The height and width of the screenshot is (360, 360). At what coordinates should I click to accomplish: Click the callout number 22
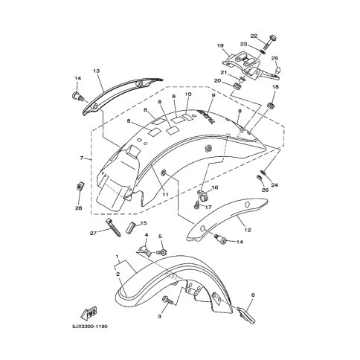[x=254, y=36]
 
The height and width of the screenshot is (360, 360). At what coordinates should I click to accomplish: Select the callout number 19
[x=220, y=45]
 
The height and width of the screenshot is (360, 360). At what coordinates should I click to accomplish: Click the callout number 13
[x=97, y=71]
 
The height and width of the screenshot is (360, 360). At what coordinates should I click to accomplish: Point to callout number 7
[x=82, y=158]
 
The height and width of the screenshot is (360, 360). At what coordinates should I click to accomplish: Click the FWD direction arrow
[x=89, y=312]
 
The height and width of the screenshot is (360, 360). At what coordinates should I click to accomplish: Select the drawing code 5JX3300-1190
[x=90, y=327]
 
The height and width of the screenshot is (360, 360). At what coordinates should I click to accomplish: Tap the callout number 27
[x=93, y=234]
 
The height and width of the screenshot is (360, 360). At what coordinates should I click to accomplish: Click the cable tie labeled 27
[x=113, y=227]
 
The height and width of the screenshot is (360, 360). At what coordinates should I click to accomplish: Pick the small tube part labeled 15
[x=130, y=228]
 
